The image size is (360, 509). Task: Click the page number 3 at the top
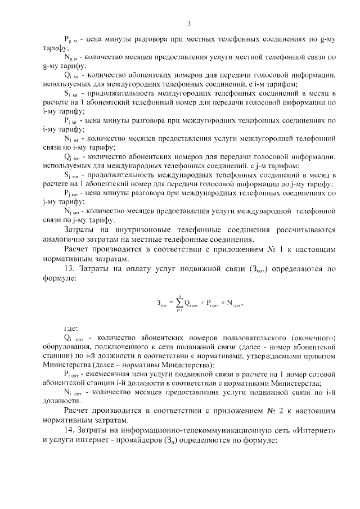coord(190,23)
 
